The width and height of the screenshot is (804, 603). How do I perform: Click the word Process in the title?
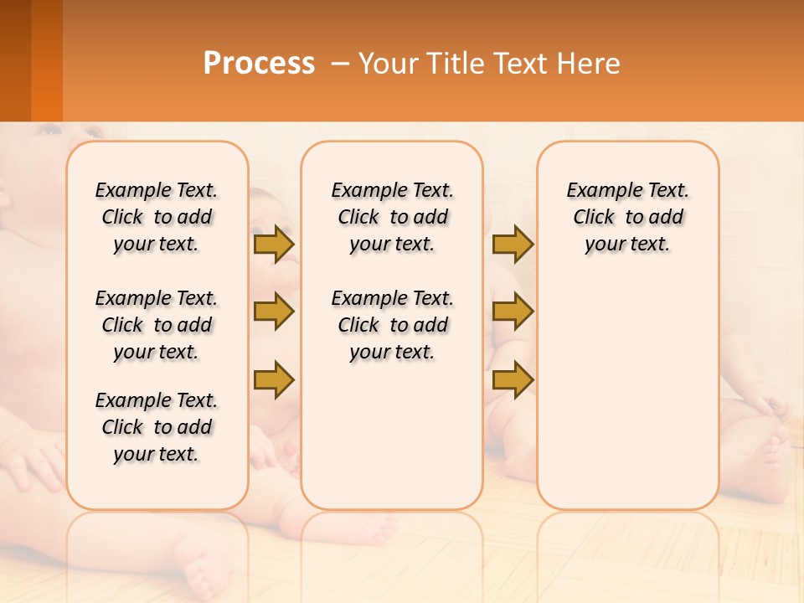pos(259,63)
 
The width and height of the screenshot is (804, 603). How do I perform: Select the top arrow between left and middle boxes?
pos(273,244)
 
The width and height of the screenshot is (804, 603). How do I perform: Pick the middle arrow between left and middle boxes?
pos(273,312)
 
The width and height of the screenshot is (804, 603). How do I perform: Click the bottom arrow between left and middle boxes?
pos(273,379)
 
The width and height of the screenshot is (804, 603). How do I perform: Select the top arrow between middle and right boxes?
pos(513,244)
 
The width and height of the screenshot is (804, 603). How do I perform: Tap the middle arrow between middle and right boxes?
pos(513,312)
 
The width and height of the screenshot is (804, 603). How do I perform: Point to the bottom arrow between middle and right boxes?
pos(513,379)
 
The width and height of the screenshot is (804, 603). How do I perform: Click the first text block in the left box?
pos(157,217)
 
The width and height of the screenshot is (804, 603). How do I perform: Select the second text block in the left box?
pos(157,325)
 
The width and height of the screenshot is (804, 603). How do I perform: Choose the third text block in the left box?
pos(157,427)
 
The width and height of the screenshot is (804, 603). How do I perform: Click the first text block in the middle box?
pos(393,217)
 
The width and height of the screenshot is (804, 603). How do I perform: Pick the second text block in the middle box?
pos(393,325)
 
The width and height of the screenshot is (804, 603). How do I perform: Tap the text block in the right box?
pos(627,217)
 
